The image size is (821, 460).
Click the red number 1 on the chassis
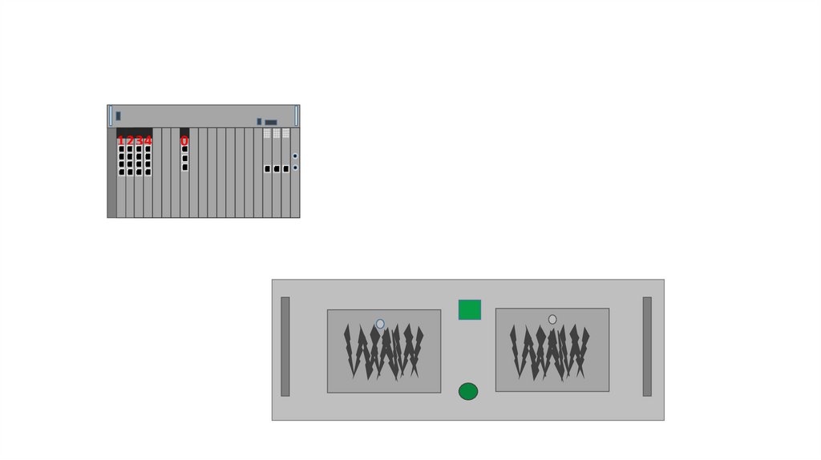pyautogui.click(x=121, y=141)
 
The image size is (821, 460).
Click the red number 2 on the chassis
pyautogui.click(x=130, y=141)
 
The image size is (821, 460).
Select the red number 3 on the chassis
pyautogui.click(x=139, y=141)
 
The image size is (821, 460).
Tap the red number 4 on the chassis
pyautogui.click(x=148, y=141)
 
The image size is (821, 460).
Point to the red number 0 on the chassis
pyautogui.click(x=184, y=141)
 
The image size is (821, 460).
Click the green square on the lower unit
pyautogui.click(x=470, y=309)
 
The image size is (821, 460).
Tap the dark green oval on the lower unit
pyautogui.click(x=468, y=391)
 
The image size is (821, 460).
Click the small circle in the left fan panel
pyautogui.click(x=380, y=324)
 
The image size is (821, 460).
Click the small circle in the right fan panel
pyautogui.click(x=552, y=319)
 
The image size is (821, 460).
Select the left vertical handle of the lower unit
pyautogui.click(x=285, y=346)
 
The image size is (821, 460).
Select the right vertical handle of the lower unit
pyautogui.click(x=647, y=346)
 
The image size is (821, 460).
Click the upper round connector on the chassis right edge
pyautogui.click(x=295, y=156)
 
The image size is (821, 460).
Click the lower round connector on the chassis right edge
pyautogui.click(x=295, y=167)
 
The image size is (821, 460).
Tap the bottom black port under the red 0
pyautogui.click(x=184, y=167)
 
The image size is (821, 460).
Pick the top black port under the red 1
pyautogui.click(x=121, y=149)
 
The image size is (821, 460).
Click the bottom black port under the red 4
pyautogui.click(x=148, y=171)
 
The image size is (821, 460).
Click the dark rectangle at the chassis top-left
pyautogui.click(x=118, y=115)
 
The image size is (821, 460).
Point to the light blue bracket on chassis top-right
pyautogui.click(x=297, y=115)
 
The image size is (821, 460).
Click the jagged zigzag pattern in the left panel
pyautogui.click(x=383, y=351)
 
